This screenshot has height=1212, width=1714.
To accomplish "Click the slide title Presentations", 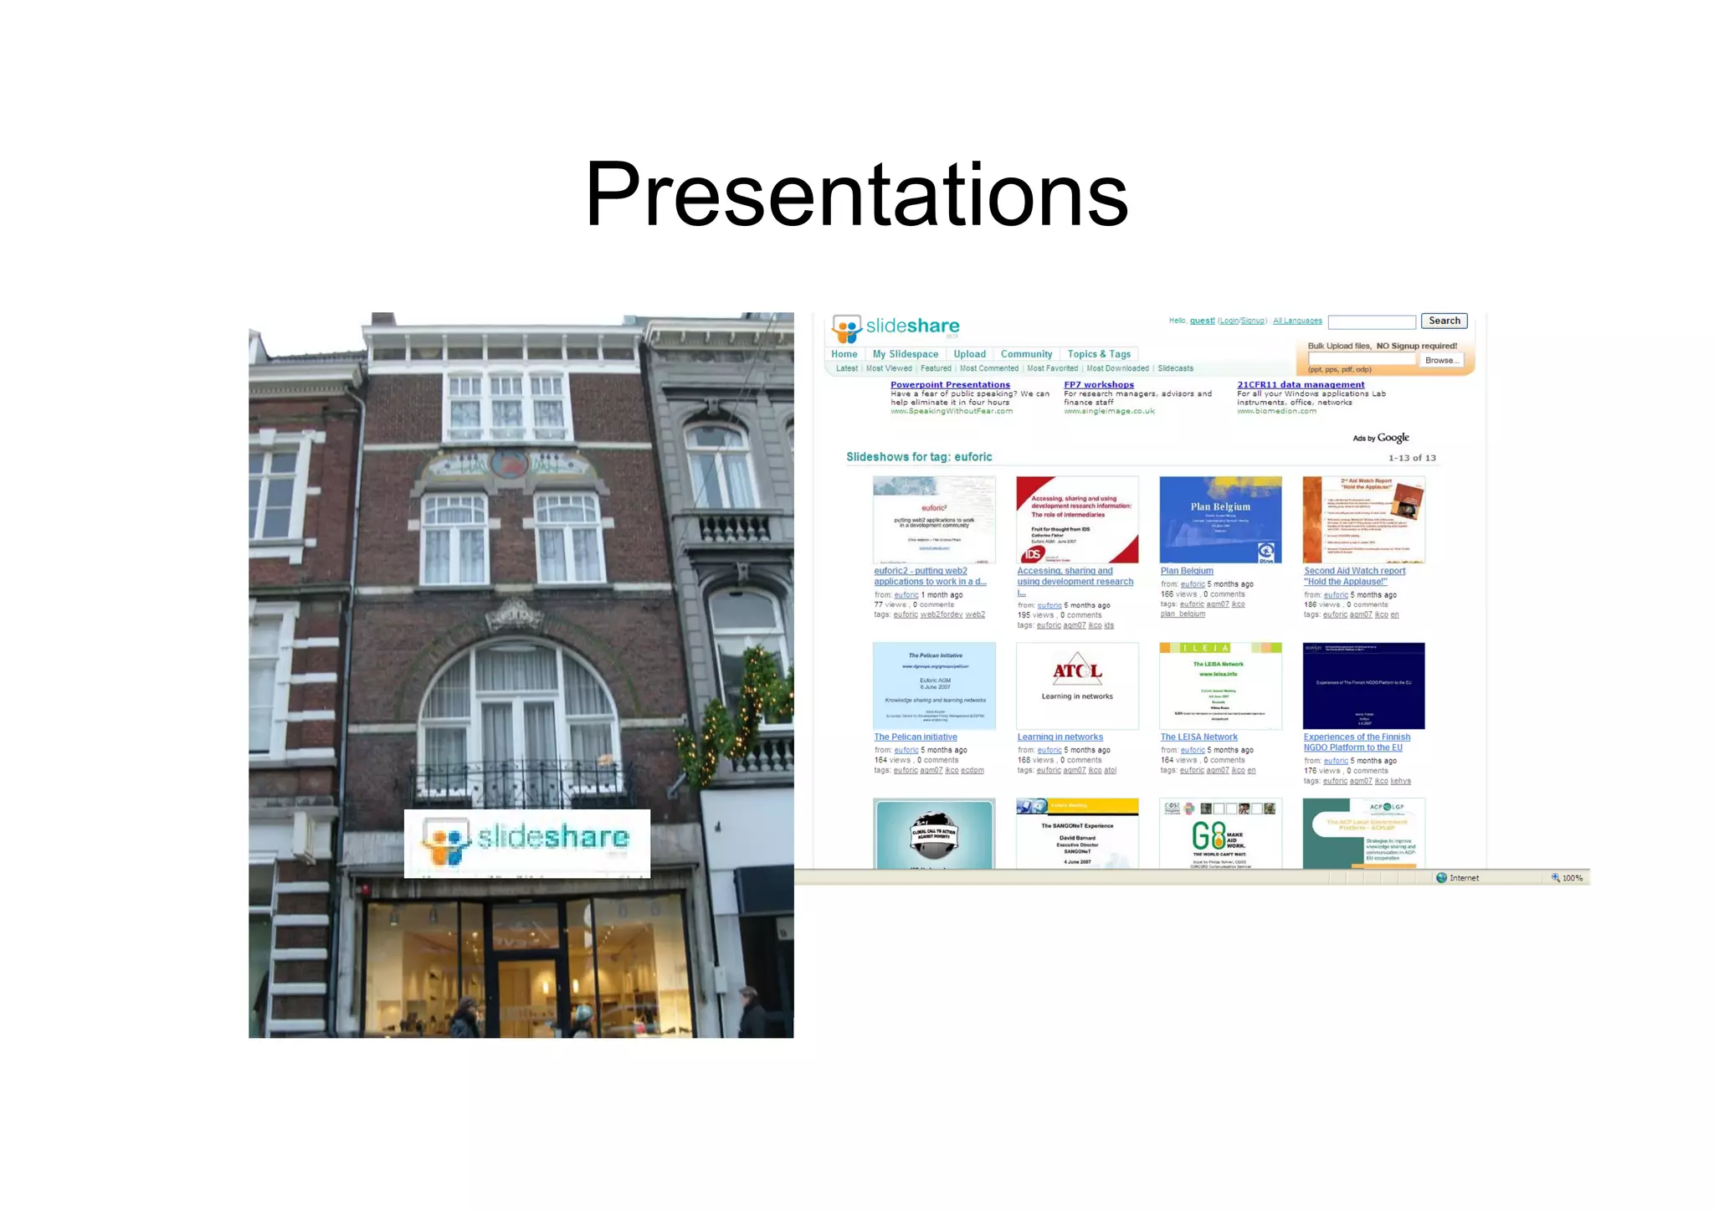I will [x=856, y=194].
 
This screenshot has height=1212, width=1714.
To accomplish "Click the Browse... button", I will [x=1441, y=361].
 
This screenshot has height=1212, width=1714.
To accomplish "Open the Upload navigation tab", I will [x=969, y=354].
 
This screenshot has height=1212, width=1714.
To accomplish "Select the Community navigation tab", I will [x=1026, y=354].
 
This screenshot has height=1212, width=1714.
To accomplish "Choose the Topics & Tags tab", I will [x=1099, y=354].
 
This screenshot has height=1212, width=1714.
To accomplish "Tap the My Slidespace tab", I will [x=905, y=354].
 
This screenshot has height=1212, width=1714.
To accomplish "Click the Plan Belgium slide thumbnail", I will [x=1220, y=520].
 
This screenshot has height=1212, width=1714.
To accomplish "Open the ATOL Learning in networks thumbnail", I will [x=1077, y=686].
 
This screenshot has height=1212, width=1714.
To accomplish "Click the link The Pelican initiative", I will [x=915, y=737].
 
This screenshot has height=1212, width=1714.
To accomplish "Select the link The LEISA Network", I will [x=1198, y=737].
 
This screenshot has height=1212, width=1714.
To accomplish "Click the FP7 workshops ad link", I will [x=1098, y=385].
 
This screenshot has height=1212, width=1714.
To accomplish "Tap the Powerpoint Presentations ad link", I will [x=950, y=385].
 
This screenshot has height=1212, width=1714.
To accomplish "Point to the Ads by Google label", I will [x=1380, y=438].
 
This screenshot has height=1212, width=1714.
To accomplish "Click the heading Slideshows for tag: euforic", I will [x=919, y=457].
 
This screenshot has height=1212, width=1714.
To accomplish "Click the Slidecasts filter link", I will [x=1175, y=368].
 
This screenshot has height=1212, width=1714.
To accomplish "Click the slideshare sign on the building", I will [x=527, y=842].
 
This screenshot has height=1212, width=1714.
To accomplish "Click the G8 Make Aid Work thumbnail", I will [x=1220, y=834].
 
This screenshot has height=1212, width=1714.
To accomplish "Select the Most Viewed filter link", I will [x=889, y=368].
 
